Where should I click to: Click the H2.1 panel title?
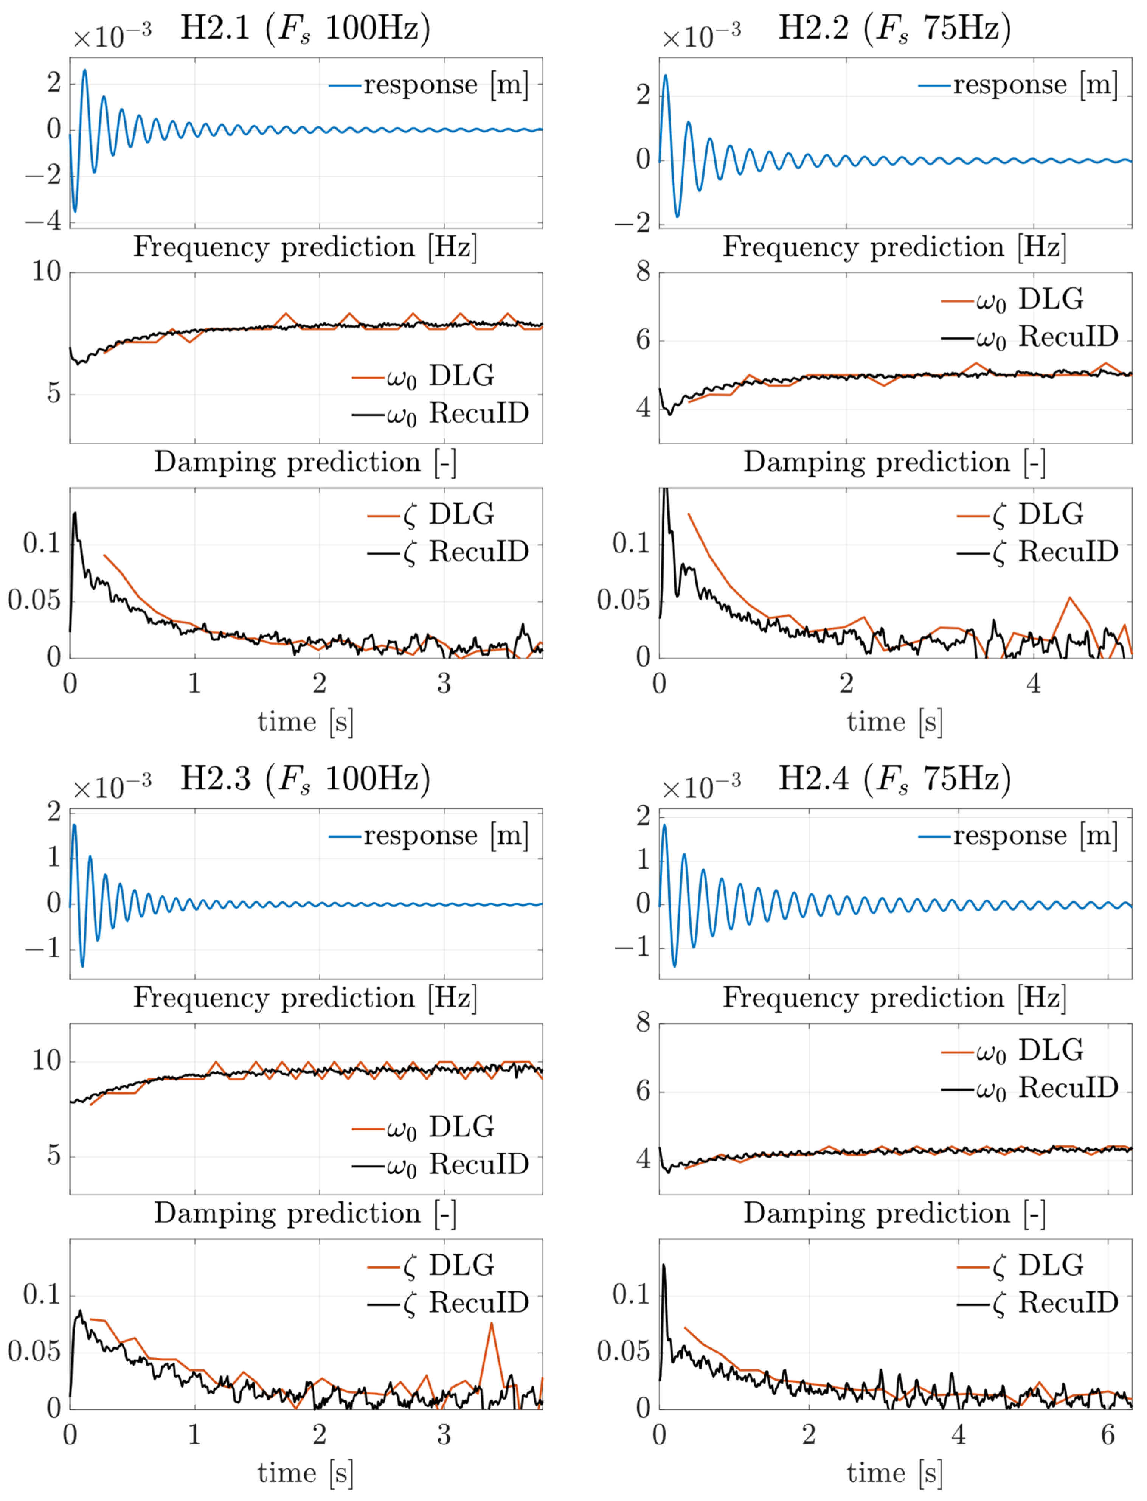click(305, 29)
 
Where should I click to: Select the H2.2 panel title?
click(894, 29)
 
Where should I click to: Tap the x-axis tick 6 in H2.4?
click(1108, 1435)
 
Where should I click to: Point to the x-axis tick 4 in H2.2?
click(1034, 684)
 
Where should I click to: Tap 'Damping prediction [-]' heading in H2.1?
click(305, 462)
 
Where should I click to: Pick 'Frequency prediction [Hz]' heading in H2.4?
click(894, 998)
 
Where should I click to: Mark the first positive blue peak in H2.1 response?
click(85, 70)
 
